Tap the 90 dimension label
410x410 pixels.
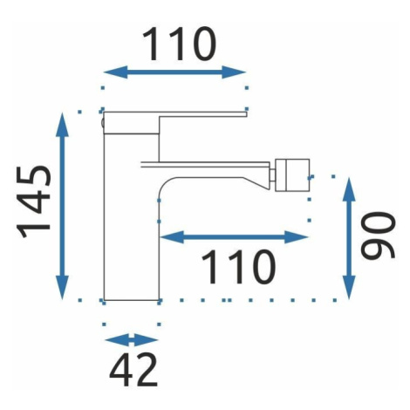(x=378, y=235)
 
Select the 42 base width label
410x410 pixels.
(x=133, y=370)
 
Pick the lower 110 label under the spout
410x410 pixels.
(x=238, y=267)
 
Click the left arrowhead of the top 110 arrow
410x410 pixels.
(x=116, y=72)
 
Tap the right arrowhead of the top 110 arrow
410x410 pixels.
(x=234, y=72)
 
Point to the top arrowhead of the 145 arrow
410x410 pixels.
(x=62, y=125)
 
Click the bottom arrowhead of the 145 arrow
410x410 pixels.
(x=62, y=287)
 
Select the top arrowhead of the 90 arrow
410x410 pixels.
(x=349, y=189)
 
